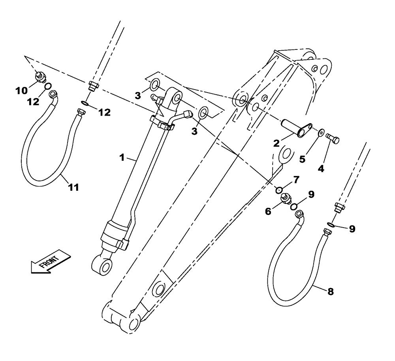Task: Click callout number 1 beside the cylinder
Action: coord(122,158)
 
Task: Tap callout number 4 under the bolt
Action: coord(321,168)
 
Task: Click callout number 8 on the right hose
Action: coord(331,292)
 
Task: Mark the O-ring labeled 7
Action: coord(279,190)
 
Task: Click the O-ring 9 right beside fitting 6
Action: coord(294,206)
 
